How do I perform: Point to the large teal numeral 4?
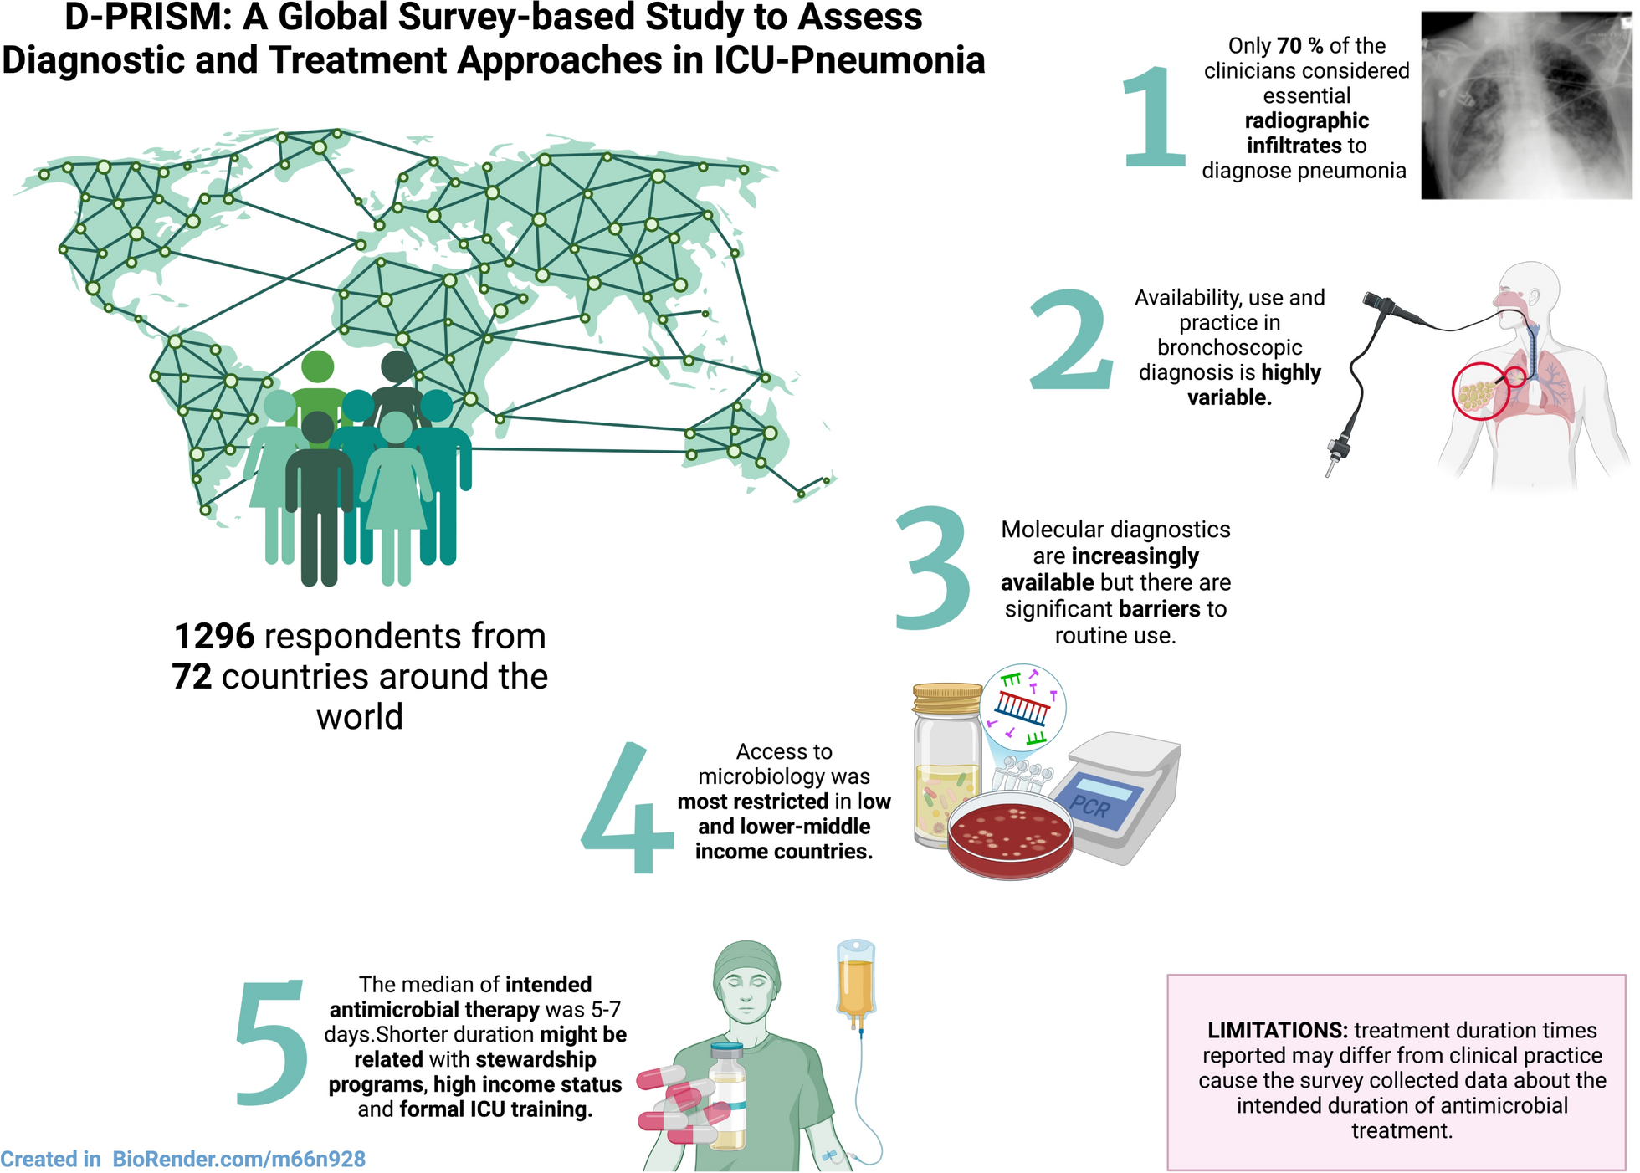[x=628, y=807]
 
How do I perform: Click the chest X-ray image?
[x=1526, y=106]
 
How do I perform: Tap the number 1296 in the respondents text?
[x=213, y=637]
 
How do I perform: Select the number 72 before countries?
[x=192, y=677]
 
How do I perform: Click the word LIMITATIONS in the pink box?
[x=1277, y=1031]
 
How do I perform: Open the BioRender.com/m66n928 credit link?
[x=238, y=1160]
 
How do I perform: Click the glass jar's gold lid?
[x=947, y=698]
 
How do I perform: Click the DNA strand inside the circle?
[x=1023, y=708]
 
